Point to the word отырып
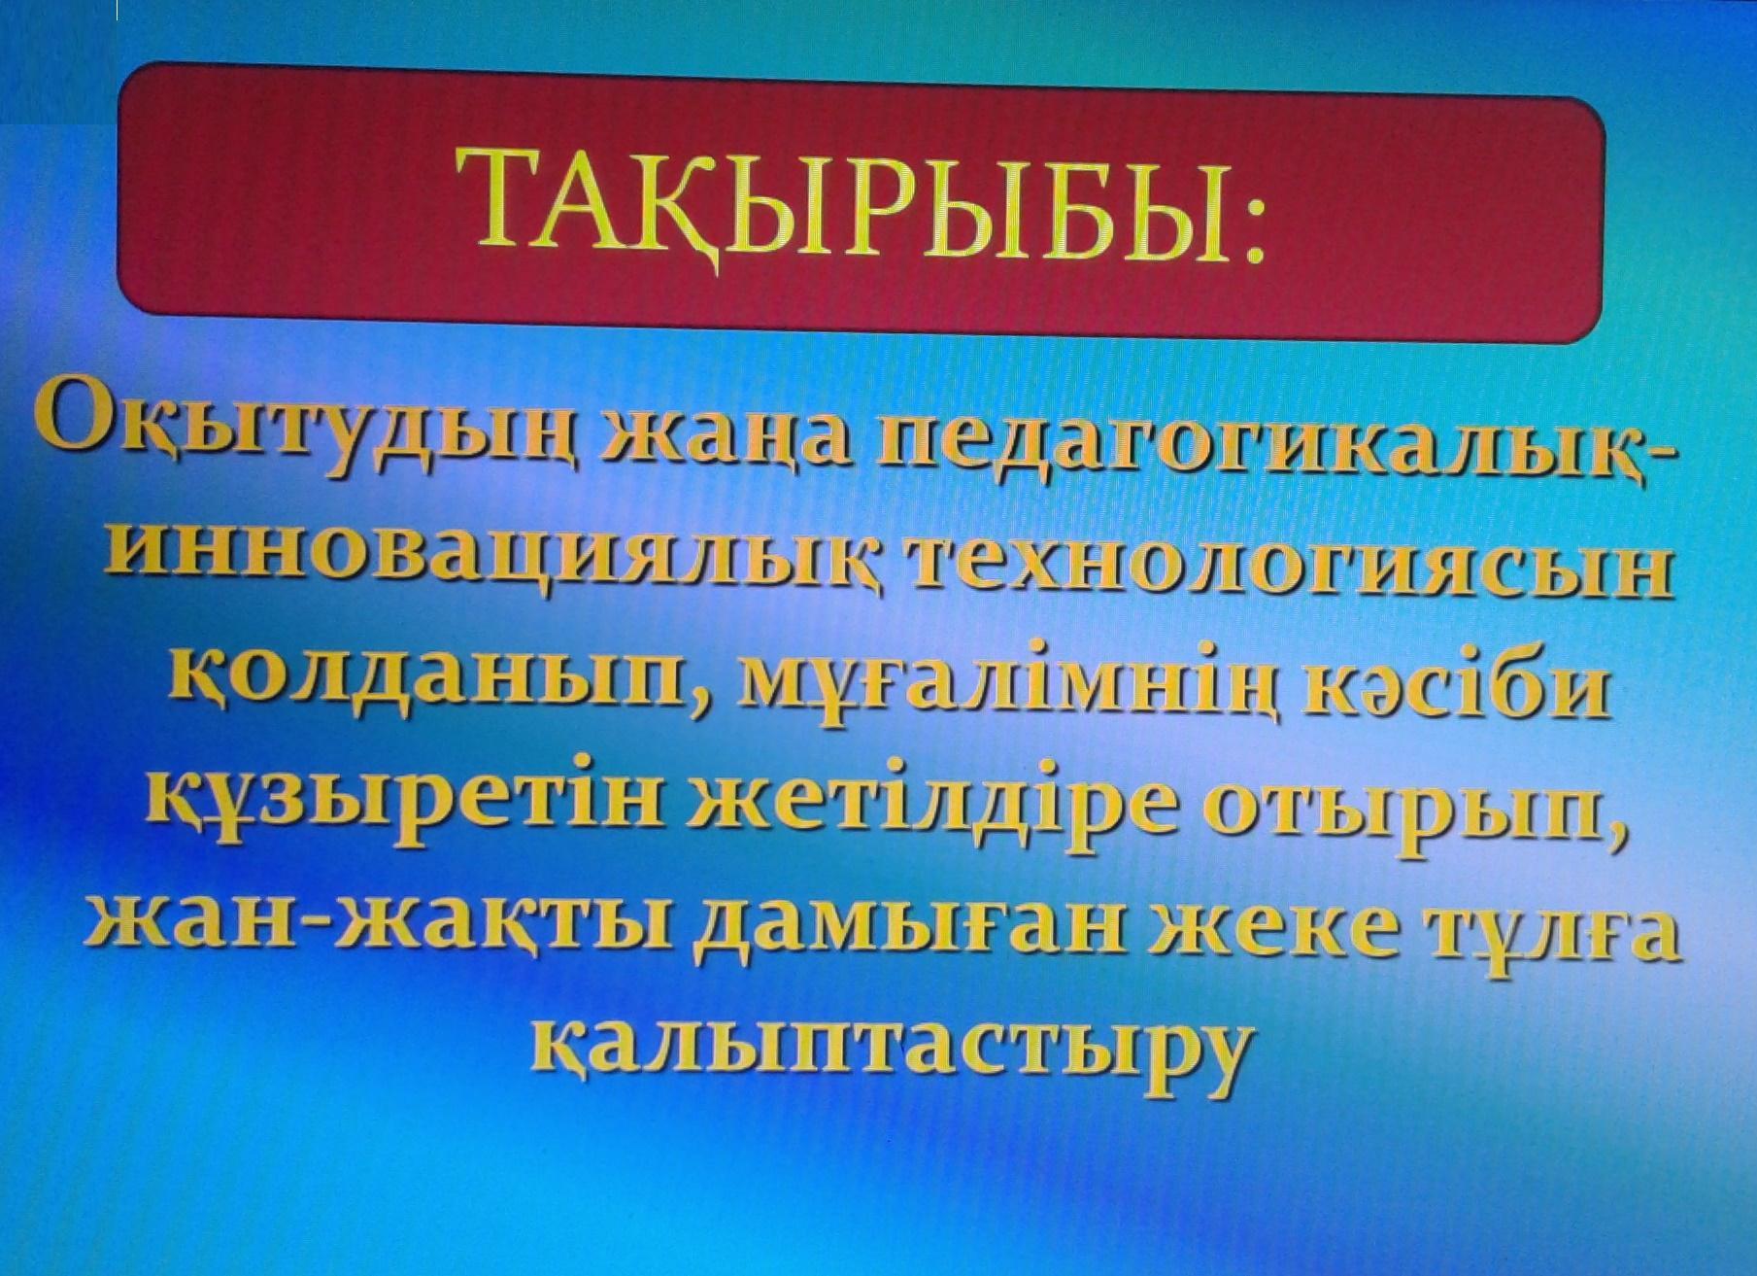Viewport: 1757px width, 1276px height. tap(1434, 822)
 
